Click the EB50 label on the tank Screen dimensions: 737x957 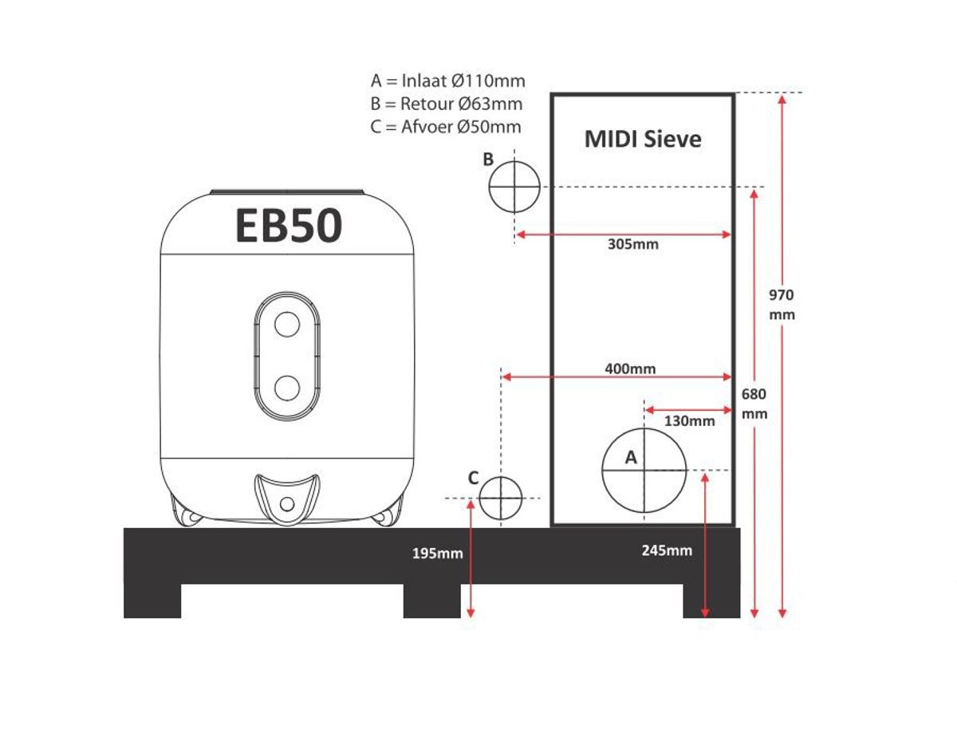click(289, 226)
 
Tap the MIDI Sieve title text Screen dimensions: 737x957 click(643, 139)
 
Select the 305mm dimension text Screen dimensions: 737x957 click(633, 244)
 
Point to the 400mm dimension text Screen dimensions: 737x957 click(630, 368)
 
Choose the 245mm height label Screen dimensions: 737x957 click(667, 550)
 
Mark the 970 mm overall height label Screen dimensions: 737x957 click(782, 305)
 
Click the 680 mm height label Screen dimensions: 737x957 click(754, 404)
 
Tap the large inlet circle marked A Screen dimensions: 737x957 click(644, 470)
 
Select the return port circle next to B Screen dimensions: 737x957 click(514, 186)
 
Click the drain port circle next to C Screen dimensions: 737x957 click(500, 498)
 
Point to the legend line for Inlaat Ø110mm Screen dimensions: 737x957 click(448, 81)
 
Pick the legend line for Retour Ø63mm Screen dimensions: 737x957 click(447, 104)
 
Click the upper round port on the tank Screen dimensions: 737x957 click(286, 324)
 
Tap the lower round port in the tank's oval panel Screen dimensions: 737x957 click(286, 388)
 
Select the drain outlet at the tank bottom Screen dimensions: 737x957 click(287, 503)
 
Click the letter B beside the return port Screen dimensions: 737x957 click(489, 160)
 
